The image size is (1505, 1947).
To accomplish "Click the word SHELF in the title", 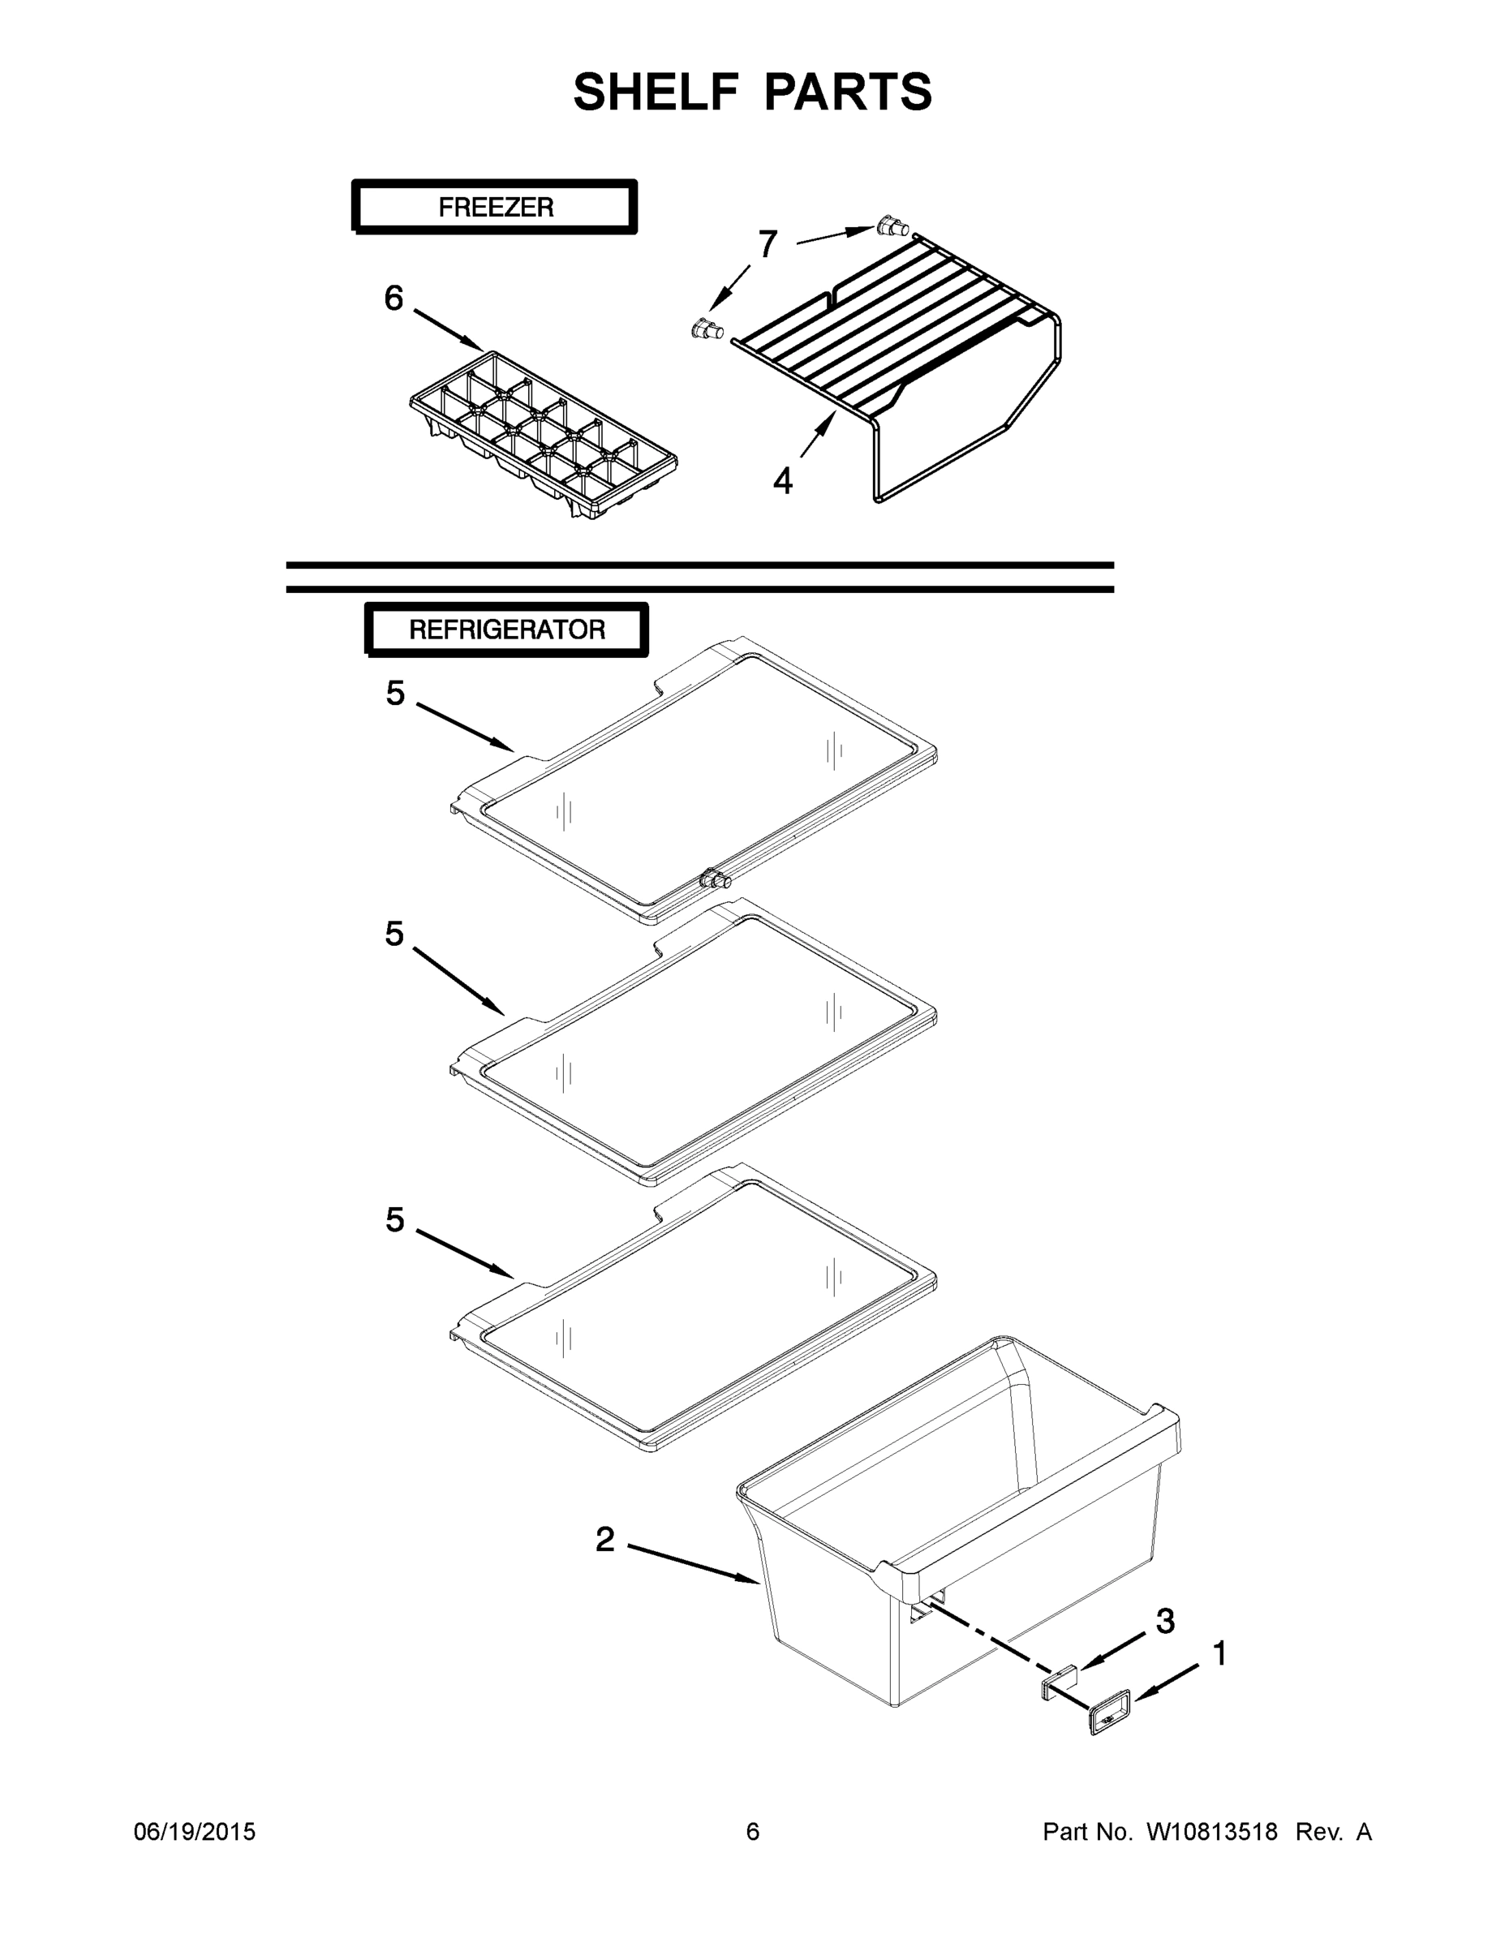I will pos(656,92).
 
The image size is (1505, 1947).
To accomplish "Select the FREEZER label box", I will pos(495,207).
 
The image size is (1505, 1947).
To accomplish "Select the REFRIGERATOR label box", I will pos(506,630).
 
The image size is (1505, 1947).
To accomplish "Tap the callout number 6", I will pos(393,299).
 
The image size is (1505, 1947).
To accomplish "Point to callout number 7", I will pos(767,243).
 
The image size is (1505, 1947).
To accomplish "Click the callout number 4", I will pos(782,481).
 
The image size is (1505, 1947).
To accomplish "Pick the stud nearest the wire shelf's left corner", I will pos(707,331).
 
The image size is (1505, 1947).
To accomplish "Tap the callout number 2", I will pos(604,1539).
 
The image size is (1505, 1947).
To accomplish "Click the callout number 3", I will pos(1164,1621).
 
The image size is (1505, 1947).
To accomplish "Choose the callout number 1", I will pos(1219,1653).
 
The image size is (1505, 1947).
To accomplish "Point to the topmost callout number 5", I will pos(395,693).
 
